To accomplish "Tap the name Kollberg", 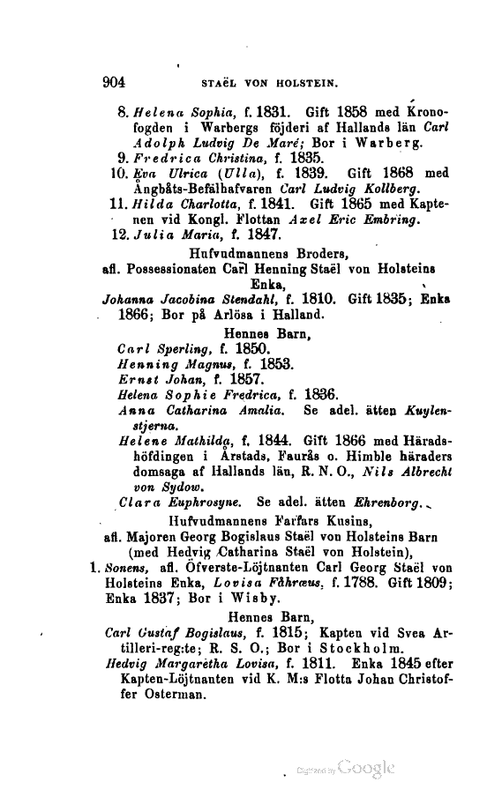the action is pos(371,188).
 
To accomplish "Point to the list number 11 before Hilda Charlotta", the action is pos(119,203).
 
